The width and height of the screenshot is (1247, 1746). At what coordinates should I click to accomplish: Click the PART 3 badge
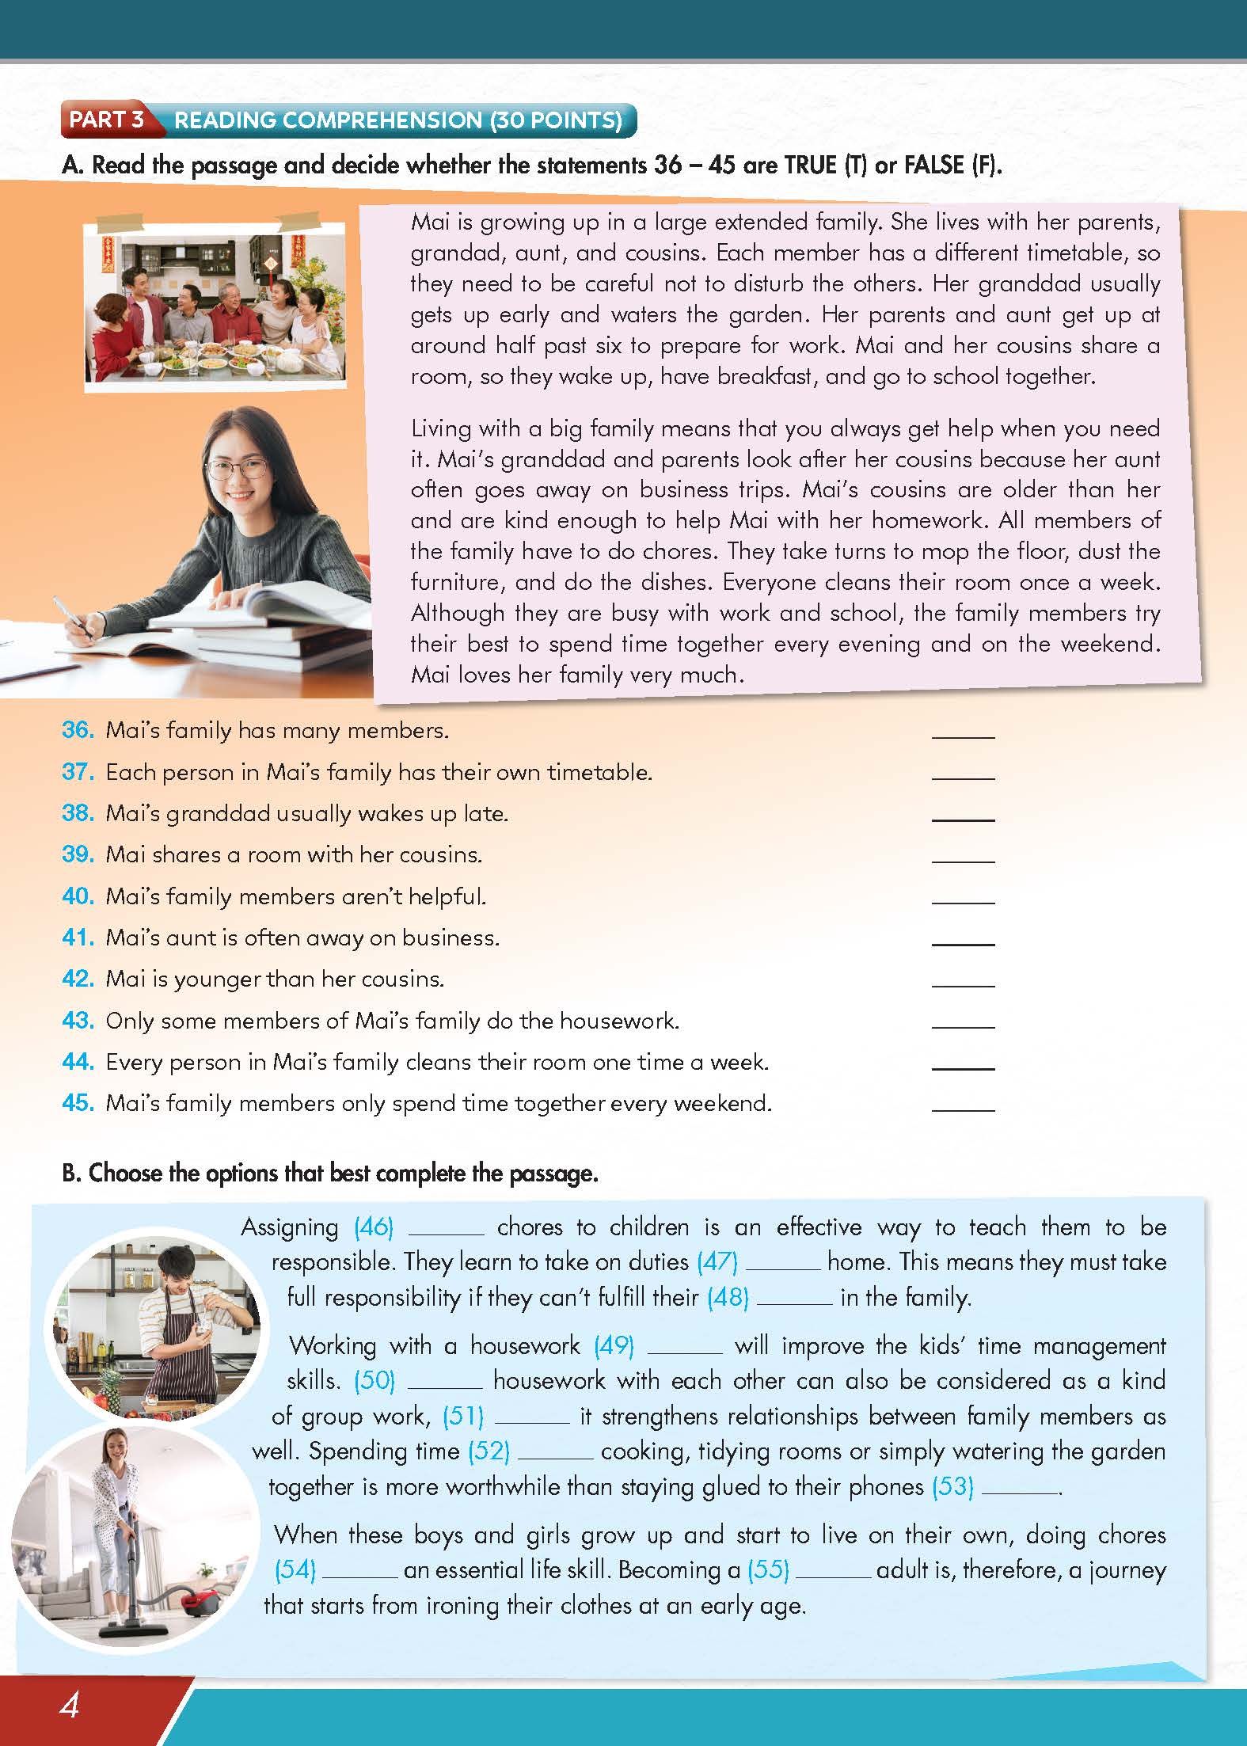point(106,120)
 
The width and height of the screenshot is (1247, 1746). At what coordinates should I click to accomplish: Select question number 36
point(78,730)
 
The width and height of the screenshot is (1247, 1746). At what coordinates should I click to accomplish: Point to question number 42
point(78,979)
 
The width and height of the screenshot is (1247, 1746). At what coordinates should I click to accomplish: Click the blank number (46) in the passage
point(374,1227)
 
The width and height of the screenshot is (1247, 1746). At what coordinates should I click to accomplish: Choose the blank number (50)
point(374,1381)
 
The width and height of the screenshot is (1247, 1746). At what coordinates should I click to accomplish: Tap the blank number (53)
point(952,1486)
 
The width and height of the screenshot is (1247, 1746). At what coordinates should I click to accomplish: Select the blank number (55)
point(769,1569)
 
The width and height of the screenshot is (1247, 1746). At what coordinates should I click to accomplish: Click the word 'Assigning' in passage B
point(290,1227)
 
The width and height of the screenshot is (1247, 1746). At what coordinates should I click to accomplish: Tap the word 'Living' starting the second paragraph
point(443,429)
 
